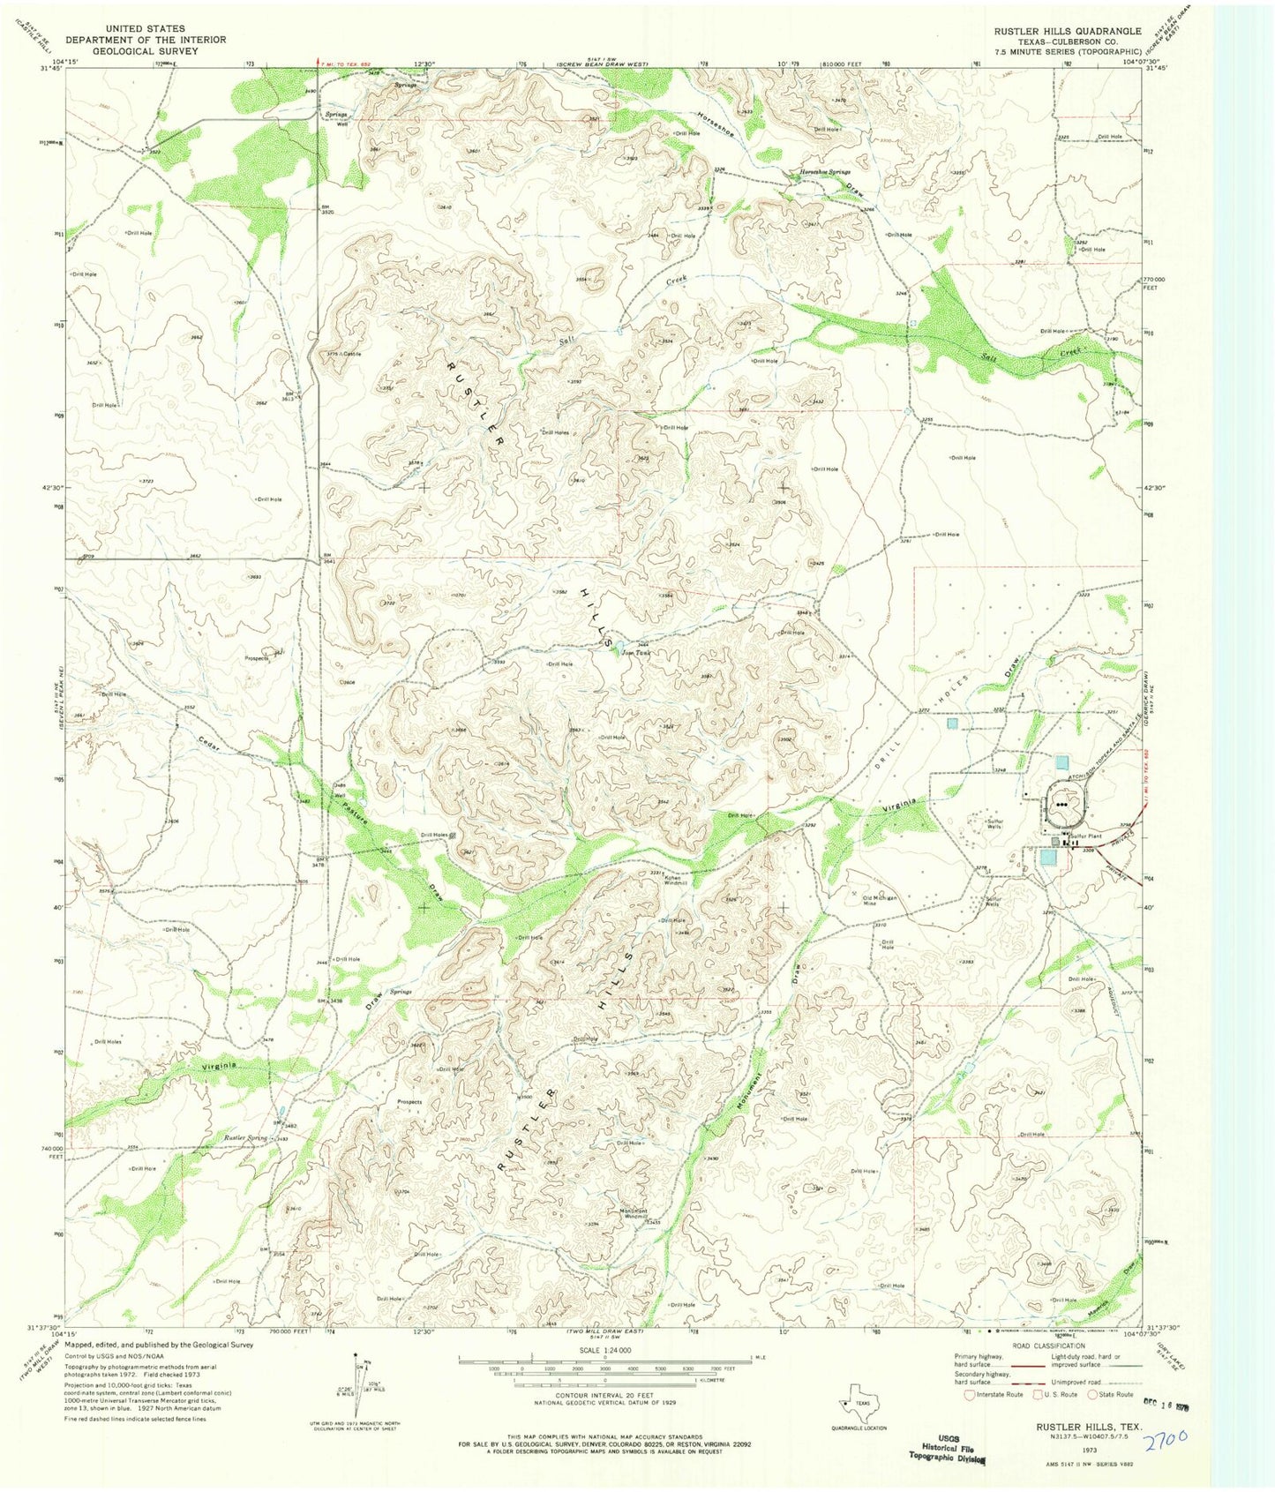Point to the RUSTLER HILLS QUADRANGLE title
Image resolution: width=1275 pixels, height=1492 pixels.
1068,31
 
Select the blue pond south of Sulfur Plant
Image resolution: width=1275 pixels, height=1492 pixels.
1047,857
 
